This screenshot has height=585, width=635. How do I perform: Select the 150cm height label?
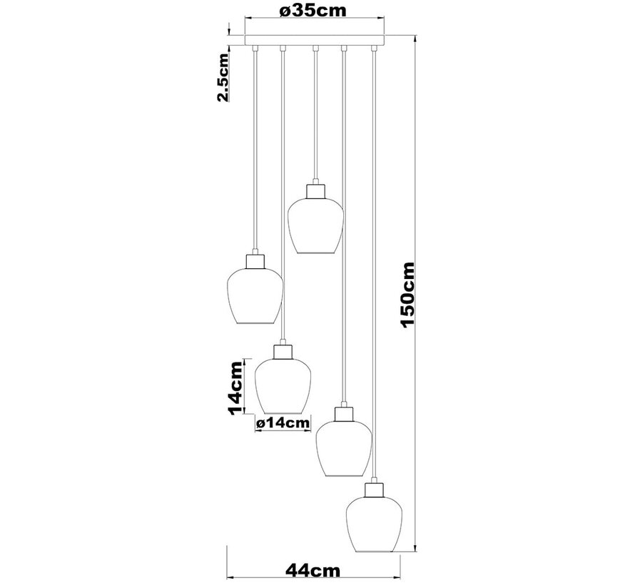pyautogui.click(x=407, y=294)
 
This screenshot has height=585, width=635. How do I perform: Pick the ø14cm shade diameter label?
pyautogui.click(x=283, y=423)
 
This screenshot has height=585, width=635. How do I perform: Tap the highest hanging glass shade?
pyautogui.click(x=315, y=225)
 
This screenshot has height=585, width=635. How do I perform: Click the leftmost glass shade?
pyautogui.click(x=255, y=294)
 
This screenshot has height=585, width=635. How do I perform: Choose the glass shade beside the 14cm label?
pyautogui.click(x=283, y=386)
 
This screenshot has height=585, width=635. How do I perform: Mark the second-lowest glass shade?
pyautogui.click(x=344, y=447)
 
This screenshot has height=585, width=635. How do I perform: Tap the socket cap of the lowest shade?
pyautogui.click(x=374, y=489)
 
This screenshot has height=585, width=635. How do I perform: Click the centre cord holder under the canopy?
pyautogui.click(x=314, y=49)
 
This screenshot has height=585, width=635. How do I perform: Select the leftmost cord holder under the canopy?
pyautogui.click(x=255, y=49)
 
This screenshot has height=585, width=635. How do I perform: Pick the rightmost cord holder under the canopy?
pyautogui.click(x=373, y=49)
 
